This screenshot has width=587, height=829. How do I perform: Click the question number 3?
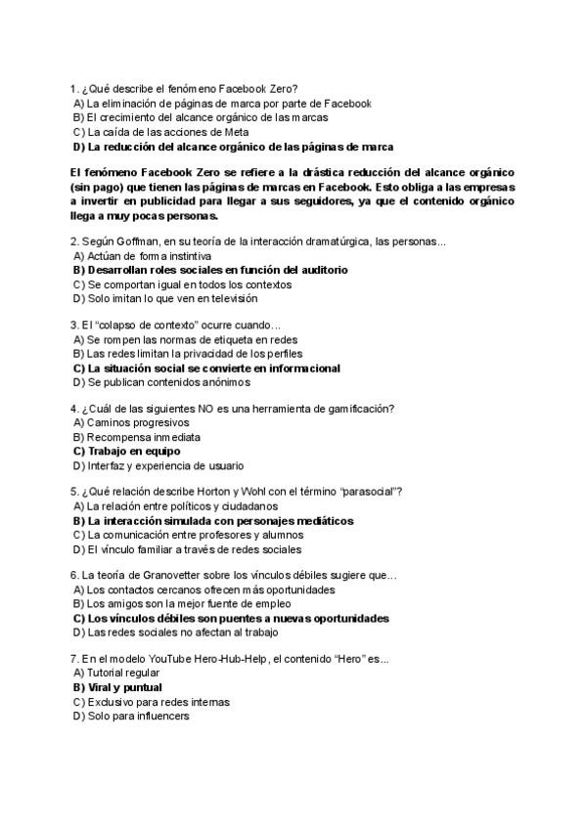[73, 325]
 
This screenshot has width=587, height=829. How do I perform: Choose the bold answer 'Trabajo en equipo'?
[126, 452]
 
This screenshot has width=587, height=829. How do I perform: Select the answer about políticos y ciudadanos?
[175, 506]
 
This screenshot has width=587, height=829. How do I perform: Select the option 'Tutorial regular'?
[123, 673]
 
